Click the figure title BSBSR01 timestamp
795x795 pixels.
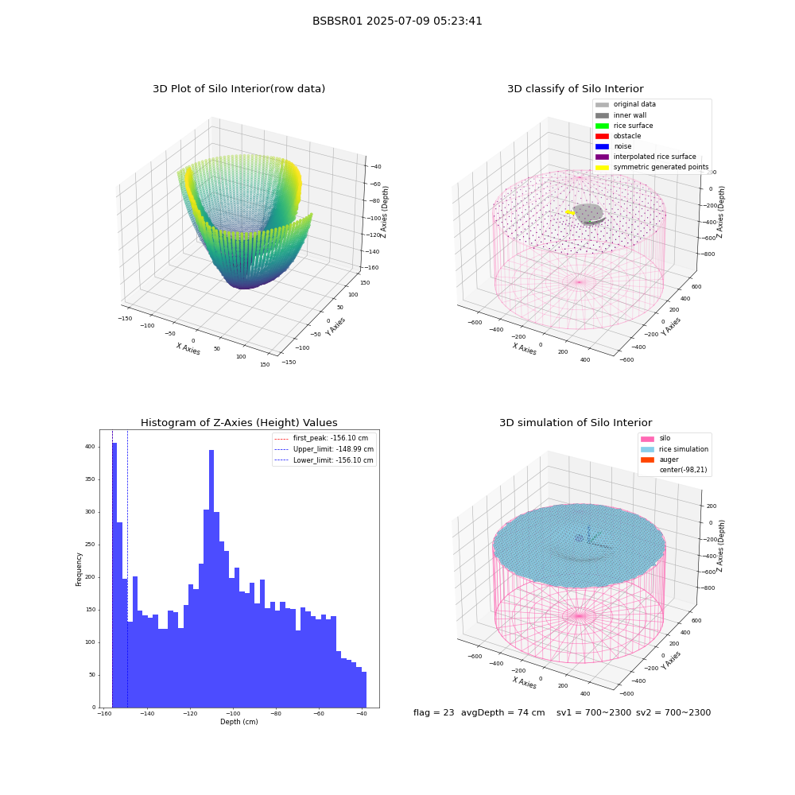(397, 21)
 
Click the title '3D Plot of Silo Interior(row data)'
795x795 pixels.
(238, 89)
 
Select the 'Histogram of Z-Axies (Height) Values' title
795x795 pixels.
(238, 423)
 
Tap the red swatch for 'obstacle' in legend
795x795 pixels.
(602, 136)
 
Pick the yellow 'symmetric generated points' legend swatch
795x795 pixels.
(602, 167)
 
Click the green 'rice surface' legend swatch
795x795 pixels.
(602, 126)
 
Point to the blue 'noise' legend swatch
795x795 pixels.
(602, 146)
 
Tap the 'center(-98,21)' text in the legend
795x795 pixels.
(683, 470)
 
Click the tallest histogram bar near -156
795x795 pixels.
(114, 575)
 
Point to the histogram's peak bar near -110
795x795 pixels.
(211, 579)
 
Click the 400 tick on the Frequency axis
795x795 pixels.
(90, 447)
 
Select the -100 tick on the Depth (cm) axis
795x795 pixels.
(233, 714)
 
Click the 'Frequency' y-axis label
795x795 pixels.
(79, 569)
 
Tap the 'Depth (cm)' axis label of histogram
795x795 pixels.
(238, 722)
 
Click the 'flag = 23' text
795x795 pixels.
(433, 713)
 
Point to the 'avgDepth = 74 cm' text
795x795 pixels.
(503, 713)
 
